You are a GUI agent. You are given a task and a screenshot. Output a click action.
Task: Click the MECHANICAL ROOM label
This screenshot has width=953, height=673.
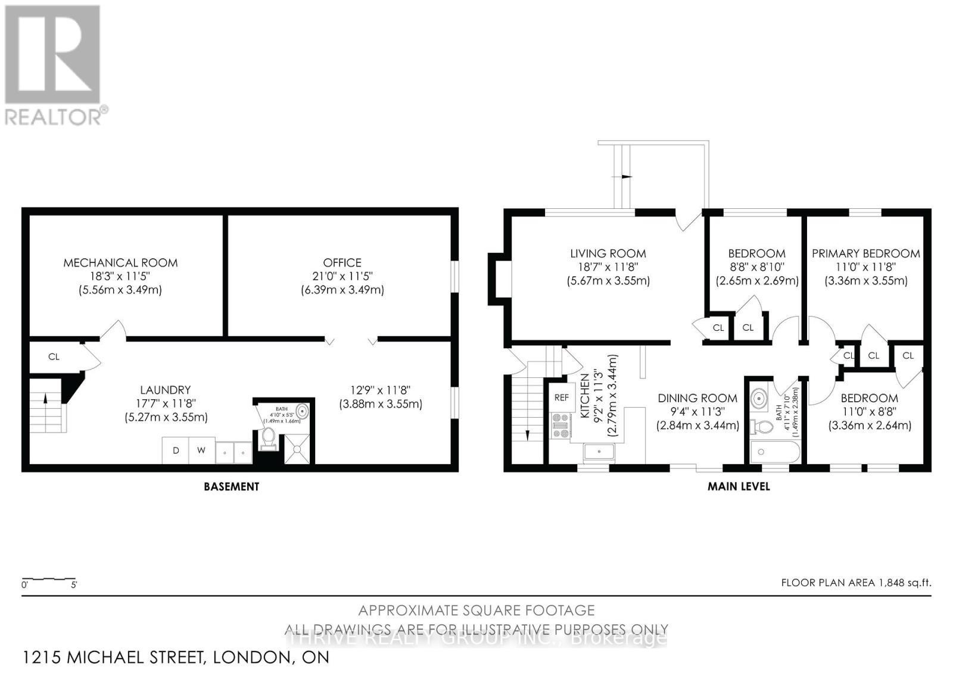pyautogui.click(x=120, y=262)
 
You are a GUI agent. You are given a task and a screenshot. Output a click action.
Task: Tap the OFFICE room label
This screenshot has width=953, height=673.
pyautogui.click(x=342, y=262)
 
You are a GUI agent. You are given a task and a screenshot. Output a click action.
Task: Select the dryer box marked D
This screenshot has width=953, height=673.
pyautogui.click(x=176, y=450)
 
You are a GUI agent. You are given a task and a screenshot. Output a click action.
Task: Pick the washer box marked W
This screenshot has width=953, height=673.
pyautogui.click(x=201, y=450)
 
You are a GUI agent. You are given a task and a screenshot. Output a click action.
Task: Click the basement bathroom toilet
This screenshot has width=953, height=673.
pyautogui.click(x=268, y=439)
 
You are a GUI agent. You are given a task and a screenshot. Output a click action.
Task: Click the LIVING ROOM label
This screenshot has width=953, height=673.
pyautogui.click(x=608, y=253)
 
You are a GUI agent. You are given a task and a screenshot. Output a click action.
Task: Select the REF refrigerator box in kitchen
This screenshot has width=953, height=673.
pyautogui.click(x=561, y=397)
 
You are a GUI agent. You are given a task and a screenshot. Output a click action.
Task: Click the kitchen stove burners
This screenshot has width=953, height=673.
pyautogui.click(x=561, y=425)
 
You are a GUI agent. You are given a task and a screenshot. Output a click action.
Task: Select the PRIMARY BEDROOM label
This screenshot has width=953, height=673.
pyautogui.click(x=865, y=253)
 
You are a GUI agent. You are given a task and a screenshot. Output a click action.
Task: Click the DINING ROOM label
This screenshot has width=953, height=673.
pyautogui.click(x=697, y=398)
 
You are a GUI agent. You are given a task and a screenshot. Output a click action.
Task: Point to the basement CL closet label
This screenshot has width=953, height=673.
pyautogui.click(x=54, y=356)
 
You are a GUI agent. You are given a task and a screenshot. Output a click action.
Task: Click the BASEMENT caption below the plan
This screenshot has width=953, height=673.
pyautogui.click(x=231, y=486)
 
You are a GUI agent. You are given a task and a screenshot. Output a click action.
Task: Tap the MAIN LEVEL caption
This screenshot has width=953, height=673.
pyautogui.click(x=739, y=486)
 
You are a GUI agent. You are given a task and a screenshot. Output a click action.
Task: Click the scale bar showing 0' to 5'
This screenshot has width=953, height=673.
pyautogui.click(x=49, y=580)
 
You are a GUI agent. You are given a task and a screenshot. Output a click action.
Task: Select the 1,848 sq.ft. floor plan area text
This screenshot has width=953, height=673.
pyautogui.click(x=856, y=583)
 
